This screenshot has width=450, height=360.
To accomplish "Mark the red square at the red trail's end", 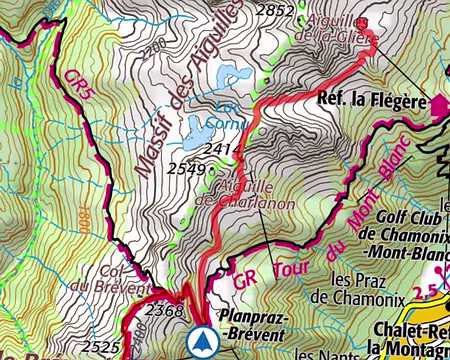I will click(362, 24).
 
